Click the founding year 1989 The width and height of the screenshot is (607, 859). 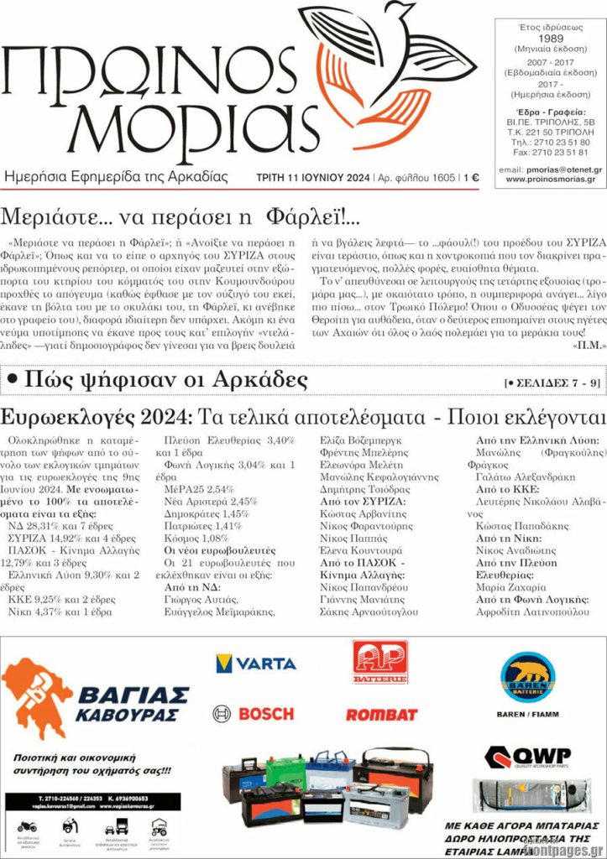550,39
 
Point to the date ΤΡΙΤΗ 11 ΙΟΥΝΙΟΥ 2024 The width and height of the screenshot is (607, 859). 313,178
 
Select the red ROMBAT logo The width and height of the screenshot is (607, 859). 381,715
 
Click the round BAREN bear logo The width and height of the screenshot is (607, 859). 527,678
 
